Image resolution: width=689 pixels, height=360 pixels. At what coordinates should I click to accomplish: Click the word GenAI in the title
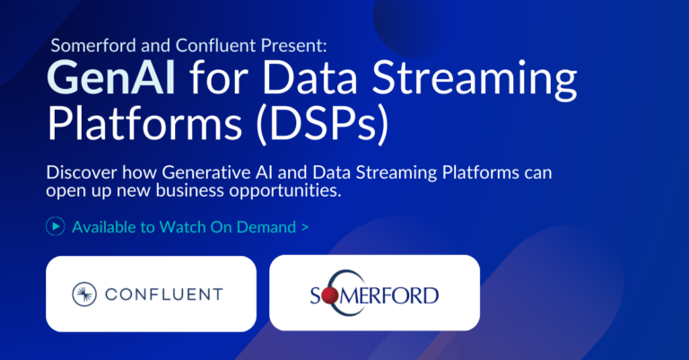click(x=111, y=78)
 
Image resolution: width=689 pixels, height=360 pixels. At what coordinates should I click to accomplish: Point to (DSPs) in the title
click(x=323, y=124)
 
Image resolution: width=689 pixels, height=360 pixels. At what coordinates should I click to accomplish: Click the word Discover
click(x=82, y=172)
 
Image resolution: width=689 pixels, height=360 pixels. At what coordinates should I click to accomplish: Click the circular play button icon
click(x=56, y=226)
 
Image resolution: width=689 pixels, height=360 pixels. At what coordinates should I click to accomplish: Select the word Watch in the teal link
click(x=182, y=227)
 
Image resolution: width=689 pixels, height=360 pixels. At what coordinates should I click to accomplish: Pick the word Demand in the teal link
click(x=266, y=227)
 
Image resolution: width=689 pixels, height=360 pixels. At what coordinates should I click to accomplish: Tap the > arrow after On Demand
click(x=305, y=228)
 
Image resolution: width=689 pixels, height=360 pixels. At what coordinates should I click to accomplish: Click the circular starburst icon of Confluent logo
click(x=84, y=294)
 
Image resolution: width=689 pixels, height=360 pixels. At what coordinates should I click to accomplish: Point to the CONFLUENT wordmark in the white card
click(x=164, y=294)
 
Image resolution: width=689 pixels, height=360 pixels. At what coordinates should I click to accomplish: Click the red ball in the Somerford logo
click(x=329, y=296)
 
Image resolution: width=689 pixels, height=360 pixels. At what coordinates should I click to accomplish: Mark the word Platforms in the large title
click(x=144, y=124)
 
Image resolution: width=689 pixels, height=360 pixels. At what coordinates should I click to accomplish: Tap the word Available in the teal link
click(x=104, y=227)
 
